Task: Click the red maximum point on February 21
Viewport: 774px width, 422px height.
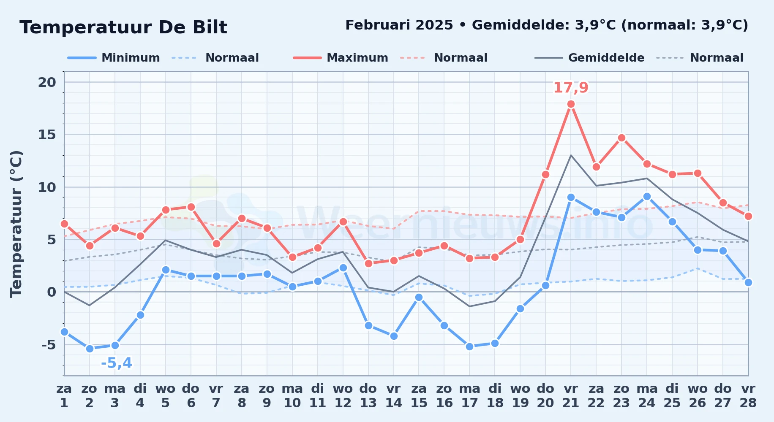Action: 571,104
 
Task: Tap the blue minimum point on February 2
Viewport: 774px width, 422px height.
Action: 90,349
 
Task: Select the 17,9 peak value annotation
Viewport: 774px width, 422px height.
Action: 571,88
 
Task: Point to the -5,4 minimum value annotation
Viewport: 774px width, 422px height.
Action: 116,363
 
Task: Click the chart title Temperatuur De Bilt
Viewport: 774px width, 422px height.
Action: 123,27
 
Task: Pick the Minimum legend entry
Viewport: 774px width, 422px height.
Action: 114,58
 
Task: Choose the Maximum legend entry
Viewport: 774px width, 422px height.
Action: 341,58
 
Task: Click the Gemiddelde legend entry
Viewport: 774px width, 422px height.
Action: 590,58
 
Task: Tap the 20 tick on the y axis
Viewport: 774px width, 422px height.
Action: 47,82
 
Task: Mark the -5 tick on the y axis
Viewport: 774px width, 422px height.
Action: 49,345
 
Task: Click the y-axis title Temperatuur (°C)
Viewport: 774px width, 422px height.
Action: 16,224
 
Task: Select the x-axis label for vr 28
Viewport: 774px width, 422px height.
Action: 748,396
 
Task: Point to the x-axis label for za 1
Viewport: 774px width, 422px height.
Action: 64,396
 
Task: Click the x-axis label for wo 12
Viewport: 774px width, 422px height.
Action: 343,396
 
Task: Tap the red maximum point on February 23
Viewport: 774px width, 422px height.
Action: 621,138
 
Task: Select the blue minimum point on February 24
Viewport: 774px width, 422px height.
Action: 647,197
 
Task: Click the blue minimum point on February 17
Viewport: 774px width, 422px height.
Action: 469,346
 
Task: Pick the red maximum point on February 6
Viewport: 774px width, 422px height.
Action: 191,207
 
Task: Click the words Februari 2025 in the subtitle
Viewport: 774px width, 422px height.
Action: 399,25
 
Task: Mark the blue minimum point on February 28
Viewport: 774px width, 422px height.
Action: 748,282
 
